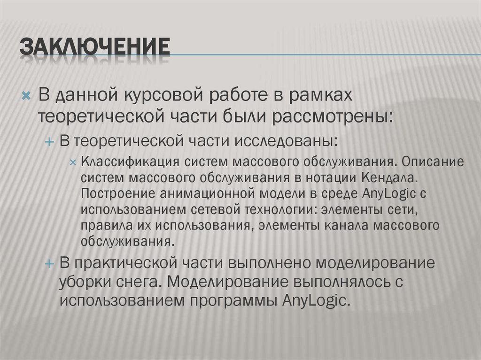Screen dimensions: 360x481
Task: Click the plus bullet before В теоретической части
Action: [50, 141]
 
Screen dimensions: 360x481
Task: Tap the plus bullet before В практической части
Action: [50, 263]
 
